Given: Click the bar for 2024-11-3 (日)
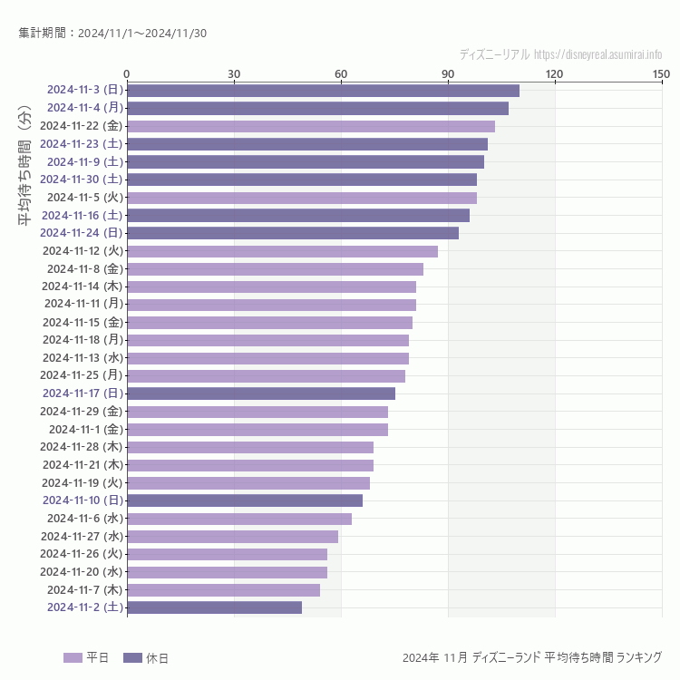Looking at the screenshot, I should pyautogui.click(x=323, y=90).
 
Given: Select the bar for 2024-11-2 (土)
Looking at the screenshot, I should pyautogui.click(x=214, y=607).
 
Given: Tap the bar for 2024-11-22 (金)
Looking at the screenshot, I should pyautogui.click(x=311, y=126).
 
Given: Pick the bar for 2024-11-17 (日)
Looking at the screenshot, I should pyautogui.click(x=261, y=393).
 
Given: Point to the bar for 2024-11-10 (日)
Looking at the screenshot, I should pyautogui.click(x=245, y=500).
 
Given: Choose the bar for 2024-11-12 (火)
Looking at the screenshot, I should pyautogui.click(x=282, y=251).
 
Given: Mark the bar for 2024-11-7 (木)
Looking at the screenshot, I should pyautogui.click(x=223, y=590).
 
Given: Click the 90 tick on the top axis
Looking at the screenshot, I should pyautogui.click(x=448, y=73).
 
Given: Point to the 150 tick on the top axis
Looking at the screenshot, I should pyautogui.click(x=661, y=73).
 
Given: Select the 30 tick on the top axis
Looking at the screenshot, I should pyautogui.click(x=234, y=73).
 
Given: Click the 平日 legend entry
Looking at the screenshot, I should pyautogui.click(x=86, y=657).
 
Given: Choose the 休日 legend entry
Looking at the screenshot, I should pyautogui.click(x=145, y=657).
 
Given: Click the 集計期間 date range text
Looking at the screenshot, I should pyautogui.click(x=112, y=34).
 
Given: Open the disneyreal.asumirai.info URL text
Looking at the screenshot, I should pyautogui.click(x=597, y=54).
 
